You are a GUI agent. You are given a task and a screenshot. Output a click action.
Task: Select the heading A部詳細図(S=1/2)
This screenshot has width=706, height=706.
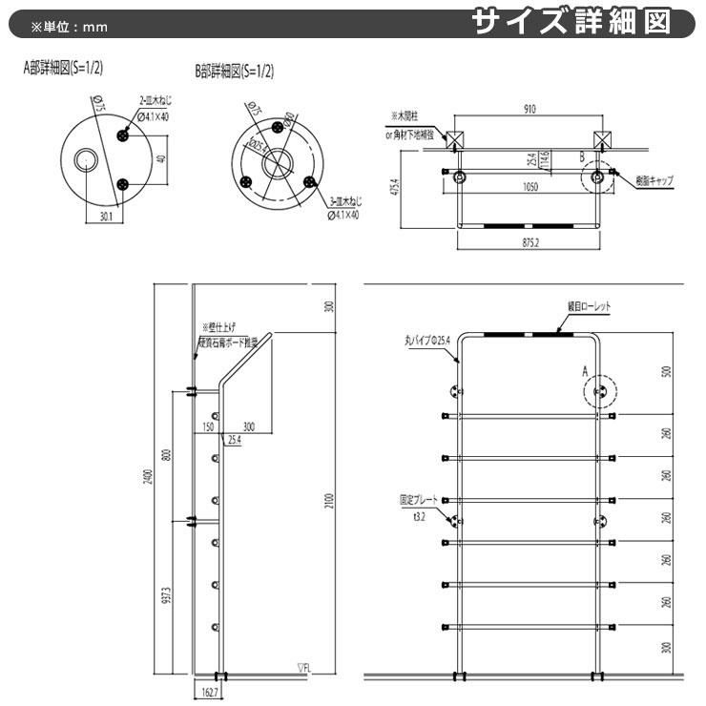coord(65,70)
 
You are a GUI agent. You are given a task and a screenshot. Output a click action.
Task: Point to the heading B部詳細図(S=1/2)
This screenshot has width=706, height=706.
coord(235,72)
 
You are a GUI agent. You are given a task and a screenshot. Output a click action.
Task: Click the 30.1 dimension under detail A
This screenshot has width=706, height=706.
coord(106,217)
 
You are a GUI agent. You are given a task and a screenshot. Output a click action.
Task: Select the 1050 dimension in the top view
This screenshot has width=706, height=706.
coord(530,188)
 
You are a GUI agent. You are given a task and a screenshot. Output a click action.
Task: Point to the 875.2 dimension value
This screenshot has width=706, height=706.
coord(530,242)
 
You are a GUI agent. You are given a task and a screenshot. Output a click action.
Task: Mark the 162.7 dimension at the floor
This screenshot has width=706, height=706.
coord(210,695)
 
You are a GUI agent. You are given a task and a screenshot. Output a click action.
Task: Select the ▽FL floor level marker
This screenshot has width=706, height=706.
coord(304,671)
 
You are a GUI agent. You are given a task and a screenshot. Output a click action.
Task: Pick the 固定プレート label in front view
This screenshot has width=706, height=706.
coord(419,498)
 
